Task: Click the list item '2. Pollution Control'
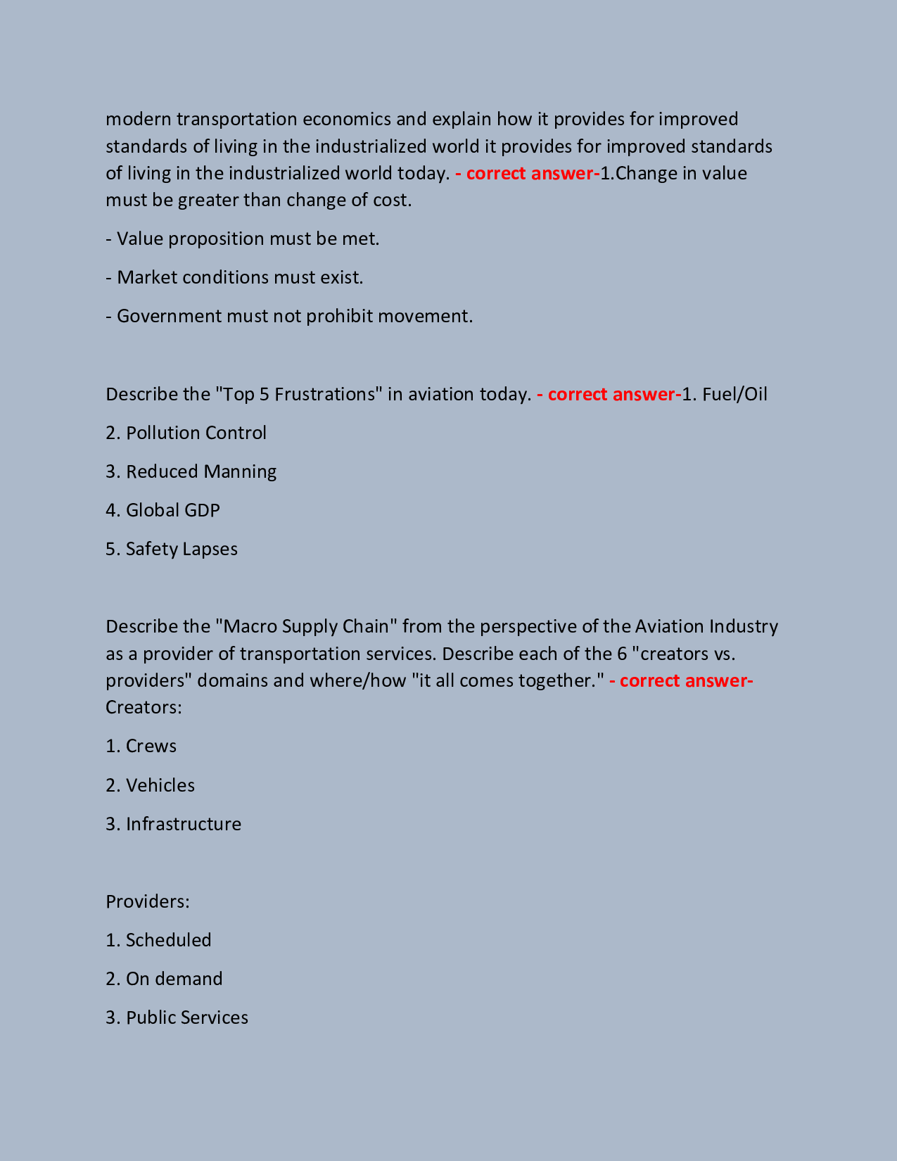(x=186, y=433)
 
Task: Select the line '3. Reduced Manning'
(x=191, y=471)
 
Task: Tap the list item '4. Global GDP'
(x=163, y=510)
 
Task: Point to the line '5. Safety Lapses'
(x=172, y=549)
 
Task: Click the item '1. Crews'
(x=141, y=746)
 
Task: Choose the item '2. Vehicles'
(x=151, y=785)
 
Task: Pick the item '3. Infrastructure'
(x=174, y=824)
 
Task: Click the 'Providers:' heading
(x=148, y=901)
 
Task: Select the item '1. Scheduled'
(x=159, y=940)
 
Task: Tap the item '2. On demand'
(x=165, y=979)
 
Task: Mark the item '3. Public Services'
(x=177, y=1017)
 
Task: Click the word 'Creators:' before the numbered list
(x=144, y=707)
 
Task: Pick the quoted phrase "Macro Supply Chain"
(x=307, y=626)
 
